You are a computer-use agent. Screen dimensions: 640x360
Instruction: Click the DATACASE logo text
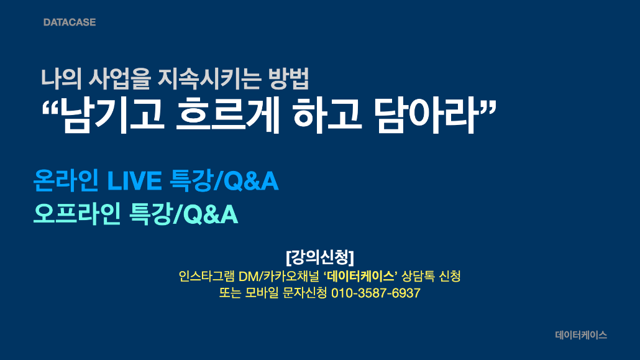coord(70,22)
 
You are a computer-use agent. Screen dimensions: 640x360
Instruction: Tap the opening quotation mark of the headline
coord(50,108)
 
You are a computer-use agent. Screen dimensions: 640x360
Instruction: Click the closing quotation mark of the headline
coord(487,108)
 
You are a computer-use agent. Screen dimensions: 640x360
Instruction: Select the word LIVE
coord(134,180)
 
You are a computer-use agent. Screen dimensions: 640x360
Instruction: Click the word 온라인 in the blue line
coord(66,180)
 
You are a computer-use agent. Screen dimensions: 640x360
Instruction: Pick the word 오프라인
coord(76,214)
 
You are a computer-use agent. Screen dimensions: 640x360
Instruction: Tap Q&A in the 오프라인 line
coord(210,215)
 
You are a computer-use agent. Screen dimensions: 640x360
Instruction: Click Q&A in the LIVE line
coord(251,181)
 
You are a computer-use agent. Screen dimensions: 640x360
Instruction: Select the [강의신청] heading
coord(320,257)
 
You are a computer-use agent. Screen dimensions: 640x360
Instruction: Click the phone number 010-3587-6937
coord(375,293)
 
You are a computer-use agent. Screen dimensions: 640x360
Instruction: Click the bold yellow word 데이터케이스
coord(360,276)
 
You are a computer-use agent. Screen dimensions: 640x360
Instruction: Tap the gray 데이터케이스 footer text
coord(581,335)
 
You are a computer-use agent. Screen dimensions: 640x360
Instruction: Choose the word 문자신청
coord(304,293)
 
